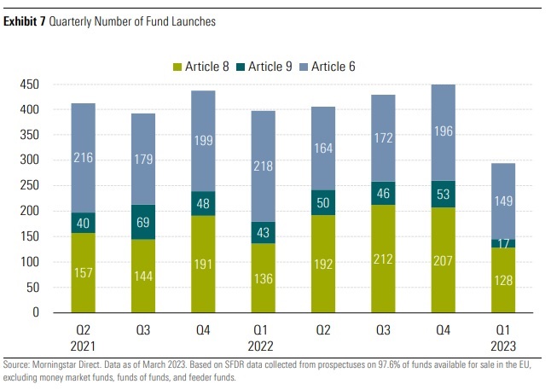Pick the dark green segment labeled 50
[x=325, y=202]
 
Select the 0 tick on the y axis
[x=36, y=312]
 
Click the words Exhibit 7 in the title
[x=26, y=21]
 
